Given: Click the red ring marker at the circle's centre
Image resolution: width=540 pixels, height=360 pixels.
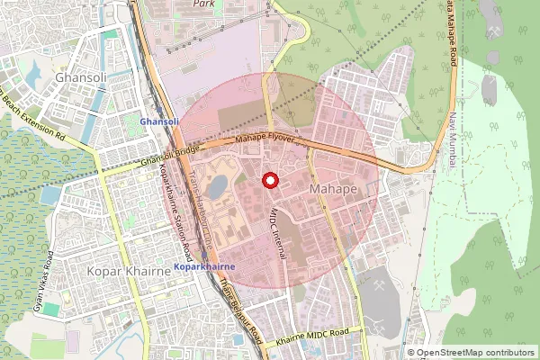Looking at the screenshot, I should tap(269, 181).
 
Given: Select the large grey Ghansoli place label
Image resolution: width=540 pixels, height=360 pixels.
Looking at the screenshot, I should tap(81, 78).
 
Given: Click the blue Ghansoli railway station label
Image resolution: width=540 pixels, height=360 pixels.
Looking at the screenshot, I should tap(159, 121).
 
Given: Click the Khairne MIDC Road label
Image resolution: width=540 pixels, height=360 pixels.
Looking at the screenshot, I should tap(313, 334).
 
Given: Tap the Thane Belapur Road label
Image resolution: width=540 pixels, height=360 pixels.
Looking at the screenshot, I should tap(239, 310).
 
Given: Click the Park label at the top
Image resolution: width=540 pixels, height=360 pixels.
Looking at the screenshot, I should tap(203, 4).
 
